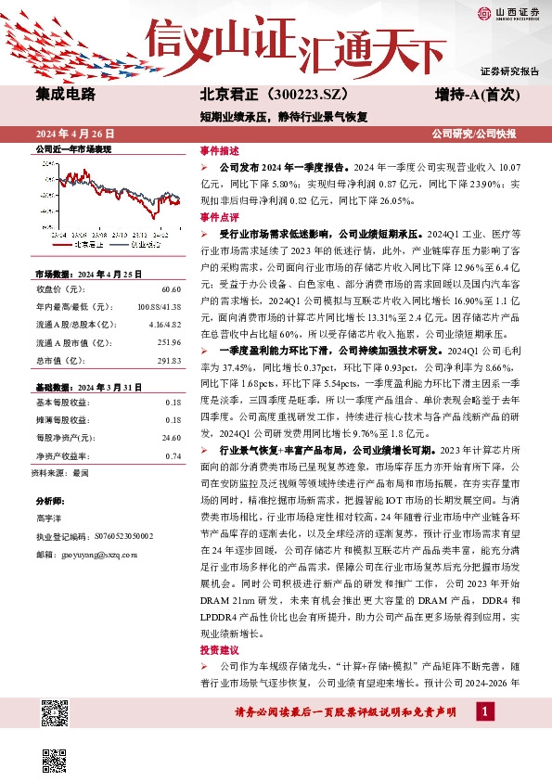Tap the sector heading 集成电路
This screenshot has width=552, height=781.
[65, 95]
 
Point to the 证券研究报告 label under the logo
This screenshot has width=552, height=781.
[509, 71]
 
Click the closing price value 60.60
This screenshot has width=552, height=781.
[170, 289]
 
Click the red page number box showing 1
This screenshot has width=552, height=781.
[484, 711]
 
